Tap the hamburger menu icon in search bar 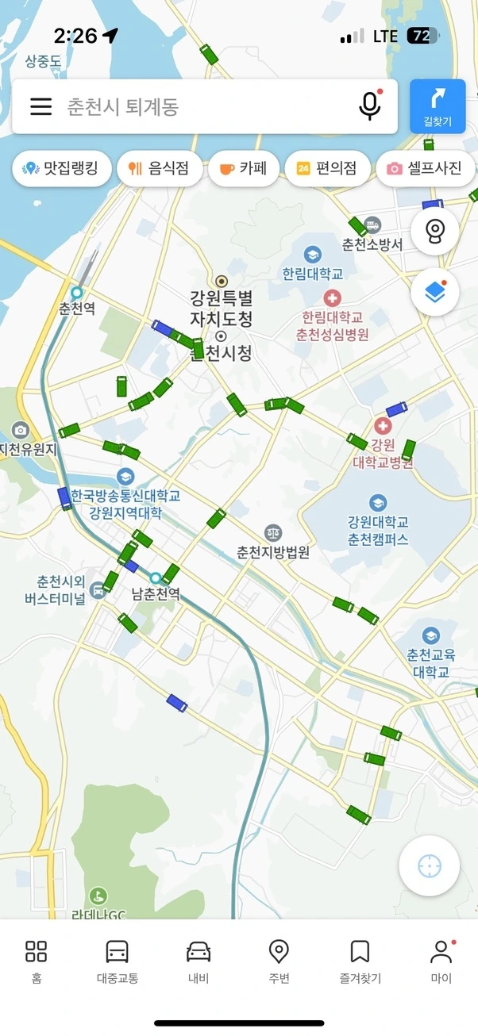point(40,106)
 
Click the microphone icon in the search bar point(369,106)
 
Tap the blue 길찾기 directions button point(438,106)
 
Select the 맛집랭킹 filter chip point(62,168)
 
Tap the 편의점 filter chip point(326,168)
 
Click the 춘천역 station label point(77,308)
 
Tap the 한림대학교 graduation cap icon point(313,255)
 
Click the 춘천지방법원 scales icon point(273,533)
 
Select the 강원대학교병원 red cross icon point(384,426)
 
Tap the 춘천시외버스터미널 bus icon point(98,589)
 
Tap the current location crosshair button point(430,865)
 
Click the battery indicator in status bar point(422,36)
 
